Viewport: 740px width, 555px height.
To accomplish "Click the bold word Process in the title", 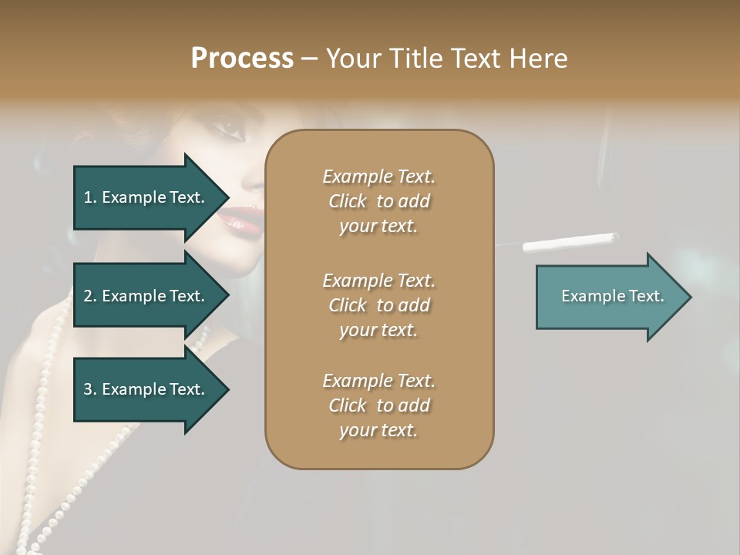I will [x=242, y=59].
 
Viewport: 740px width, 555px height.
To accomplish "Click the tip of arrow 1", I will [x=227, y=197].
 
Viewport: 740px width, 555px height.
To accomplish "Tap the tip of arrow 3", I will [x=227, y=389].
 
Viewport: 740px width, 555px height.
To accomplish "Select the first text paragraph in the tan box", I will [x=378, y=201].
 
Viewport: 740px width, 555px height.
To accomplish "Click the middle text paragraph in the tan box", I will [x=378, y=304].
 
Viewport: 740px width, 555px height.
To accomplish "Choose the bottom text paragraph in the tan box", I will [x=378, y=405].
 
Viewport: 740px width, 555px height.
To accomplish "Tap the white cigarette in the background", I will [x=570, y=242].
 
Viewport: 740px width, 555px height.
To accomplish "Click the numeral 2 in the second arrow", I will [x=89, y=296].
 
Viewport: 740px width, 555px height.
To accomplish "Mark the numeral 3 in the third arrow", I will [x=89, y=389].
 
